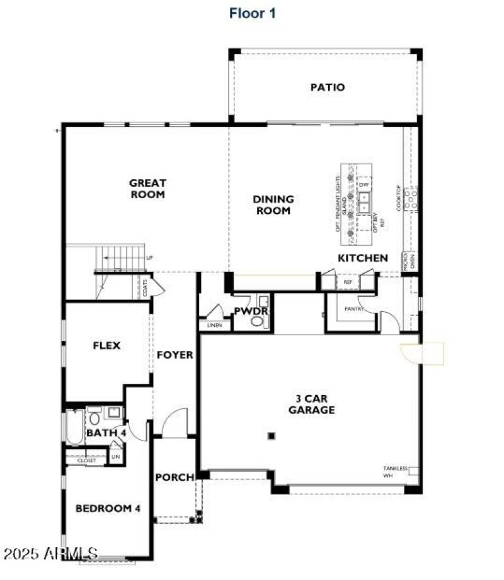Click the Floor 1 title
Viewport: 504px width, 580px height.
tap(252, 13)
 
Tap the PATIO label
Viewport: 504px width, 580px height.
tap(327, 87)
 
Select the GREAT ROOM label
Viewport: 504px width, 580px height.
tap(147, 189)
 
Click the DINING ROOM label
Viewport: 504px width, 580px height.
tap(273, 205)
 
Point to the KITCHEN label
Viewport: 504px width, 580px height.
tap(363, 258)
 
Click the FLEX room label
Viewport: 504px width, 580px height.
tap(106, 345)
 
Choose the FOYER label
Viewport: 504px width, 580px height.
tap(175, 355)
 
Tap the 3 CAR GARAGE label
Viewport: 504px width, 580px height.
tap(311, 404)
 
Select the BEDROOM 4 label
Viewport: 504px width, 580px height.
tap(108, 508)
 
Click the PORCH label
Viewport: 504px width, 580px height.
tap(175, 477)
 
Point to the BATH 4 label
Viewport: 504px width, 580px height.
tap(106, 433)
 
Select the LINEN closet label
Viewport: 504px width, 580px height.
tap(214, 326)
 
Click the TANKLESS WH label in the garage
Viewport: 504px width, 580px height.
tap(396, 472)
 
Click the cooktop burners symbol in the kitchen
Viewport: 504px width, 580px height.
tap(411, 199)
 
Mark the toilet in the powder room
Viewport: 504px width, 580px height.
tap(257, 321)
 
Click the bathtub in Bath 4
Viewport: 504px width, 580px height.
tap(72, 428)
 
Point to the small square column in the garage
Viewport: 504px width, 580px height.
tap(272, 435)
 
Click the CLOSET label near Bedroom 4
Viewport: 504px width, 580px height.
tap(87, 460)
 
